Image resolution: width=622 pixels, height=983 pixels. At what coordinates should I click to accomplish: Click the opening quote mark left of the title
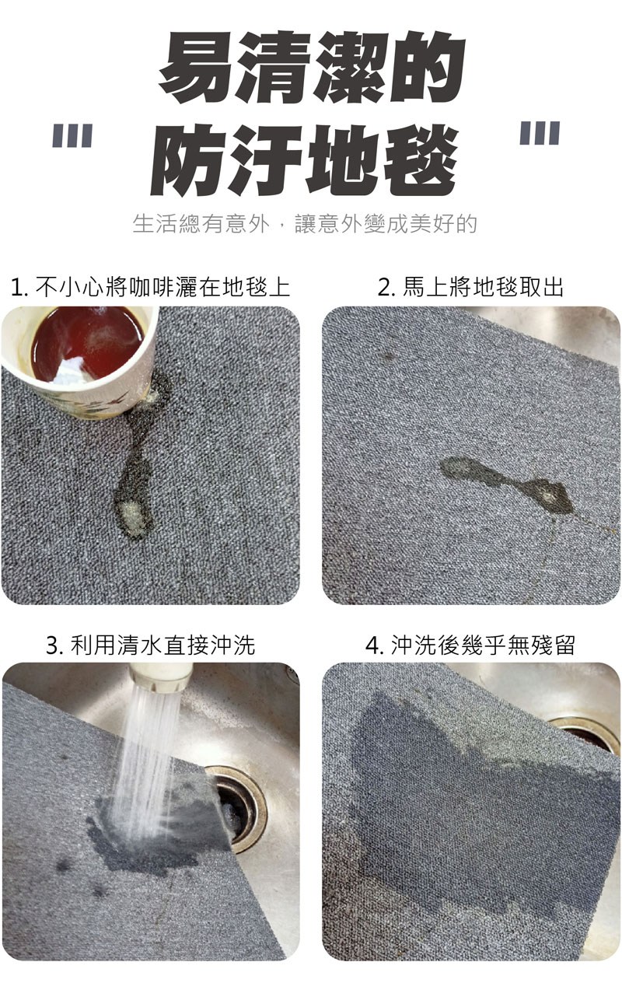click(x=72, y=135)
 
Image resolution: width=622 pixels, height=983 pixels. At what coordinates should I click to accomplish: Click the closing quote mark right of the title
click(x=540, y=132)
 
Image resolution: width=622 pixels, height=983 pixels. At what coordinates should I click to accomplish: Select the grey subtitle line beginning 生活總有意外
click(x=305, y=223)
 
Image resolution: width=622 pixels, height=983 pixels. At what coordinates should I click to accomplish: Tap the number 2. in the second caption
click(x=387, y=288)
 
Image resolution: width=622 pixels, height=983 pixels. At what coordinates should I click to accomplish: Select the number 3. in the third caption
click(x=56, y=646)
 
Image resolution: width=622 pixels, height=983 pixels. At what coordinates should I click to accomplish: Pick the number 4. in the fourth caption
click(x=376, y=646)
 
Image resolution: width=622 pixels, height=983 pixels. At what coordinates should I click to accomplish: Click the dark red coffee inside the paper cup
click(x=88, y=342)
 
